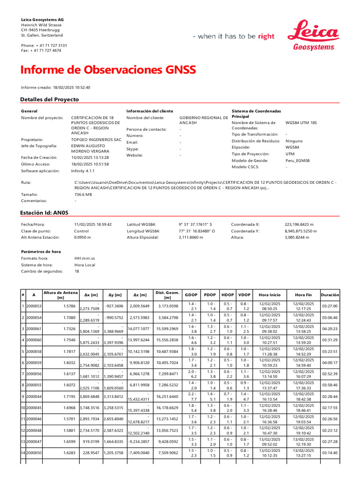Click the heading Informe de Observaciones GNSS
108,70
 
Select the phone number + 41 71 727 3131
51,45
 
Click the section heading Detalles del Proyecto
49,99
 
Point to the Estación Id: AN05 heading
45,212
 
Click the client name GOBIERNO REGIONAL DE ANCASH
203,120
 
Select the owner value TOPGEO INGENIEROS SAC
96,140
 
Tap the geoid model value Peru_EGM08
297,160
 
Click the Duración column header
330,295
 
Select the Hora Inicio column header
270,295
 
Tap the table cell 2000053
34,306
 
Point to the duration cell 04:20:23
330,329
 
